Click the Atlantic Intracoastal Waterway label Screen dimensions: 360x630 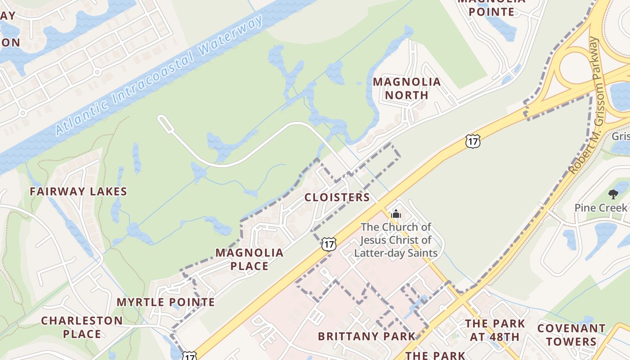(x=158, y=76)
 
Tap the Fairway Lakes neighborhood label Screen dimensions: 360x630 (x=78, y=192)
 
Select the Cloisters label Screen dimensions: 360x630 (x=337, y=198)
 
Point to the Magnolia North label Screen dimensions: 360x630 (x=407, y=89)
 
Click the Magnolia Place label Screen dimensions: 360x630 (x=249, y=259)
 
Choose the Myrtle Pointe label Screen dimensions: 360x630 (x=166, y=302)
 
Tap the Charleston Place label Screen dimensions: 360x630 (x=82, y=327)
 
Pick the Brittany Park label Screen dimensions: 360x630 (x=367, y=337)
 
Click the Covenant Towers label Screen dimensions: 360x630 (x=571, y=335)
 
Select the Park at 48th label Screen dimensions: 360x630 (x=495, y=330)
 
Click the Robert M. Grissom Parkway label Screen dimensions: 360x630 (x=585, y=106)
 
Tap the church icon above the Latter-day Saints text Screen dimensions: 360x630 (x=396, y=214)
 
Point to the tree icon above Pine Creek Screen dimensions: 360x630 (x=613, y=194)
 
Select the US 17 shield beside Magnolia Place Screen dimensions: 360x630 (x=329, y=244)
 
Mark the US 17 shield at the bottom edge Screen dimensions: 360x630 (x=189, y=355)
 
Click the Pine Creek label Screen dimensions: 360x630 (x=601, y=208)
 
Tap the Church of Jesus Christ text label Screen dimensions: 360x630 (x=396, y=240)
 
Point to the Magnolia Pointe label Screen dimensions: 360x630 (x=491, y=8)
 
